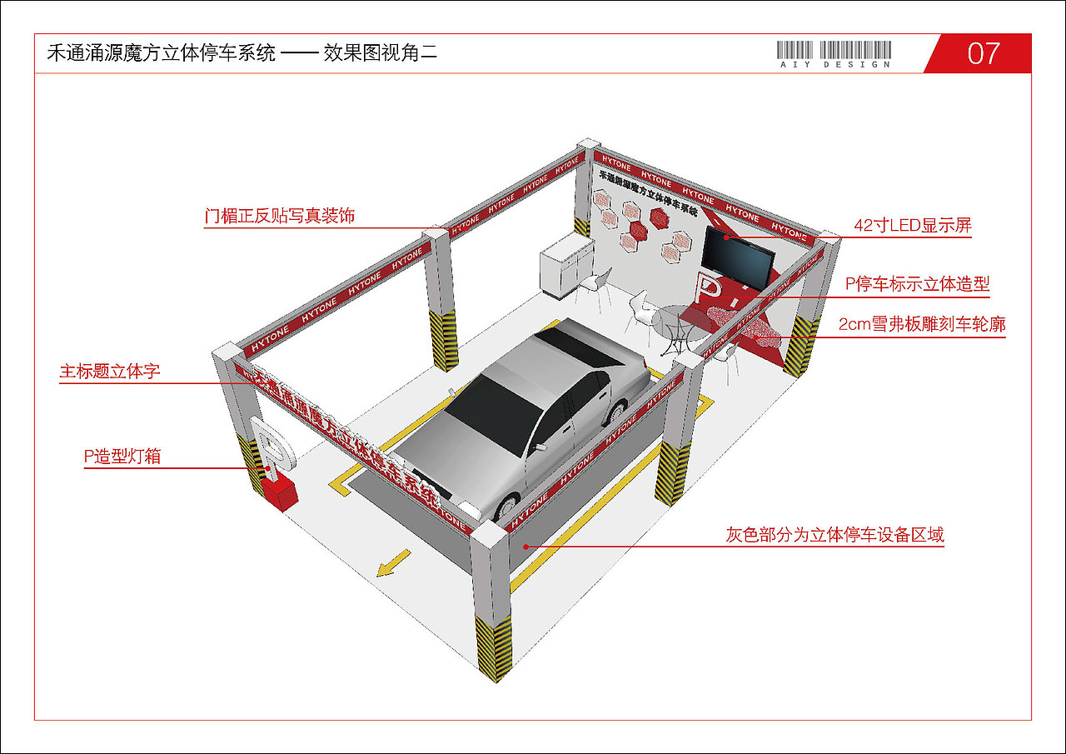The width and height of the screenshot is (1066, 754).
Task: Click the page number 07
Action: coord(983,53)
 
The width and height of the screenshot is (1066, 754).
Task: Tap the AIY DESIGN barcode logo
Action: coord(834,54)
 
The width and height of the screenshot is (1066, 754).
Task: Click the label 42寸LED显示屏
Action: coord(913,225)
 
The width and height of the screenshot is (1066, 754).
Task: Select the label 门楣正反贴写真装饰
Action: coord(280,216)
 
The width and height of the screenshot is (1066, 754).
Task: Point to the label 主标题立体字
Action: coord(110,372)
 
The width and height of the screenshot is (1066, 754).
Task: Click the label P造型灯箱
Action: coord(122,456)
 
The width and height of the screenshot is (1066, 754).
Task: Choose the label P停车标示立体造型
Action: coord(917,284)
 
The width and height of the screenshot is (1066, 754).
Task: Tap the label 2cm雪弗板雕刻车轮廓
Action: coord(922,324)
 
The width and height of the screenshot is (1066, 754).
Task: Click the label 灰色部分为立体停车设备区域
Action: coord(834,535)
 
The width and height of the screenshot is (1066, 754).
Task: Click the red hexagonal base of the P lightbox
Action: coord(281,492)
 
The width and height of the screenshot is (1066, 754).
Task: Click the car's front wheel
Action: coord(507,506)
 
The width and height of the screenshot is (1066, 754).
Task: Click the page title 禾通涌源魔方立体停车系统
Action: coord(162,54)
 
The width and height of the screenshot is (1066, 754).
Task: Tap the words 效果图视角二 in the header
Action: coord(381,54)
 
